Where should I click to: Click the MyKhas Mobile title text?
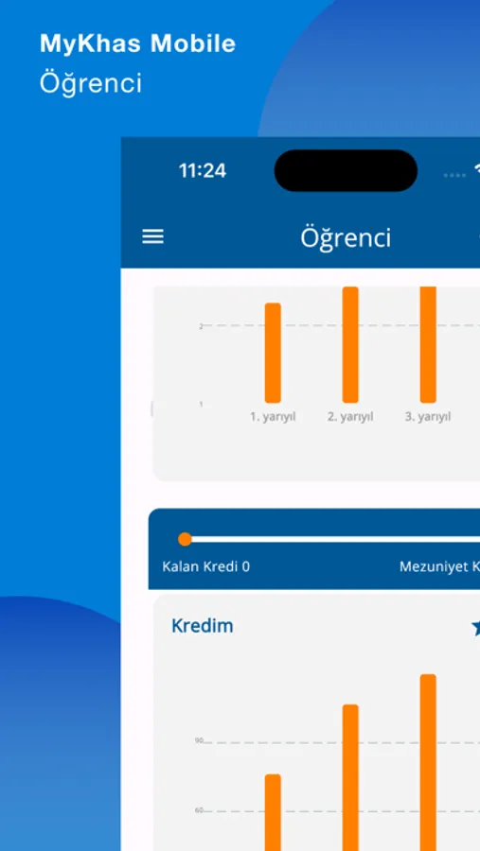137,43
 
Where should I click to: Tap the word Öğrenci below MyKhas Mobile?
91,83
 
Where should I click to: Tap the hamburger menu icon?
152,236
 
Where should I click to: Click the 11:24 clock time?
203,171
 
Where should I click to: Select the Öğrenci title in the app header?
346,237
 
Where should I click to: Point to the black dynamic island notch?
346,171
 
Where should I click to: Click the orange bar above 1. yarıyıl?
273,353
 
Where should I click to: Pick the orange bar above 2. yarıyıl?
350,344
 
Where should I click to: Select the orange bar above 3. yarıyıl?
428,344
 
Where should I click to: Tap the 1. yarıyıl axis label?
273,416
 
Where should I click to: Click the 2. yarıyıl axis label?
350,416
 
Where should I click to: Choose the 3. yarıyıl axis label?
428,416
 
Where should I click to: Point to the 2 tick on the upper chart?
201,326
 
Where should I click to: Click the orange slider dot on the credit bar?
186,539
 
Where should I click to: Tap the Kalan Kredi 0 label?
206,567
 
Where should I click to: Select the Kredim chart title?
202,626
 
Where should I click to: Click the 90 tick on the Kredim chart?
200,741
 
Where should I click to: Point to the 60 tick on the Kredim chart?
200,810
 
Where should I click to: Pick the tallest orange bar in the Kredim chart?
428,761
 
